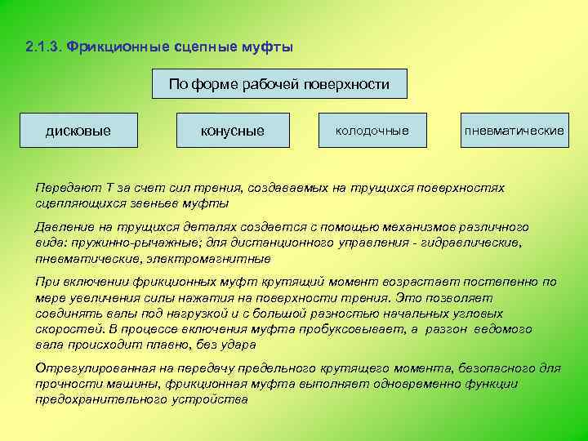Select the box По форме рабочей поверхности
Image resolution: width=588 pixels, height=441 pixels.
[279, 84]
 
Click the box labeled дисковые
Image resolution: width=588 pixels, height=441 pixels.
[78, 131]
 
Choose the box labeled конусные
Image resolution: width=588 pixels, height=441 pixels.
[233, 131]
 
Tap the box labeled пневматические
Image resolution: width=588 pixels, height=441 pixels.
[514, 131]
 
